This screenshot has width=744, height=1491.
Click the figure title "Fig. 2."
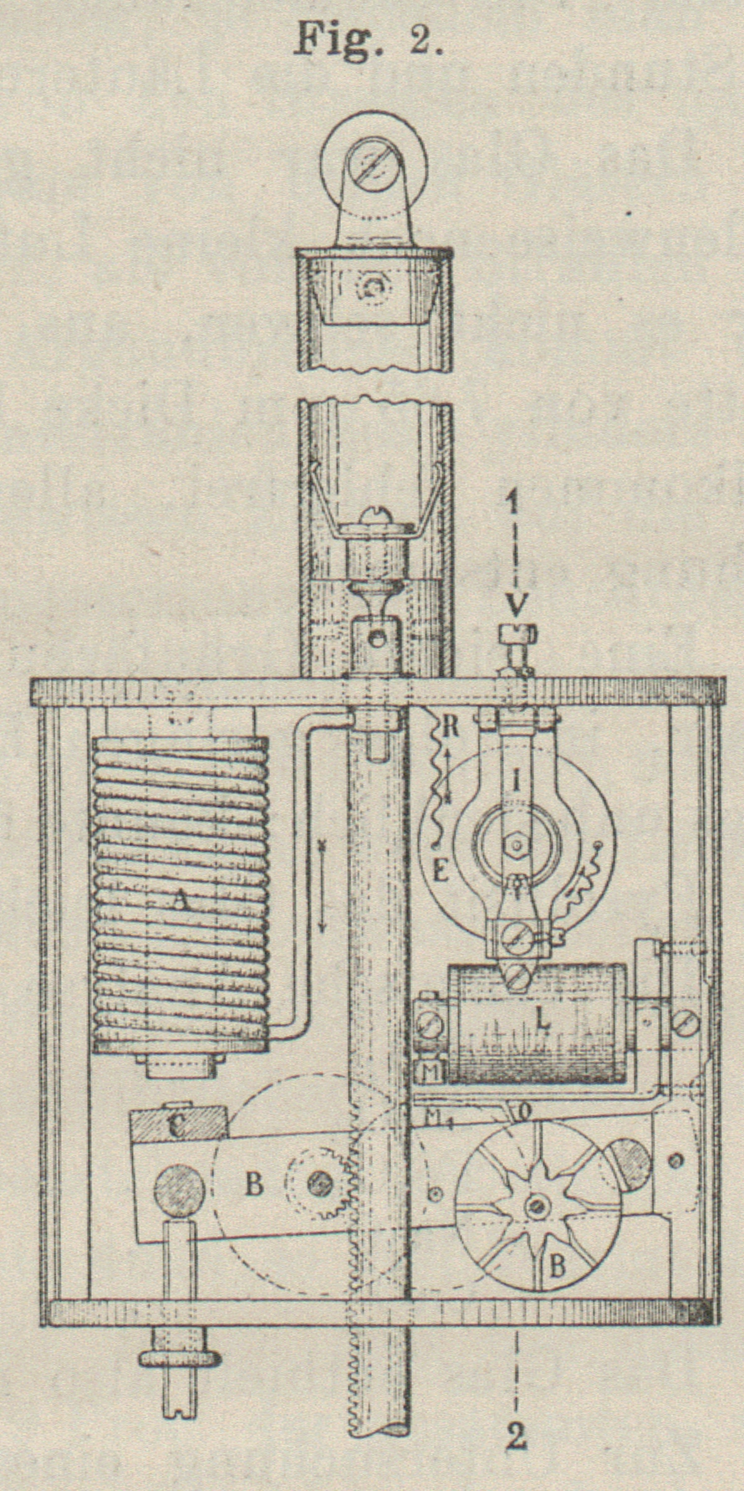(368, 39)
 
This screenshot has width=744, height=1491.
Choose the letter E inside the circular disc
(441, 872)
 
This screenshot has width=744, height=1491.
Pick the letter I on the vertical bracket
(517, 782)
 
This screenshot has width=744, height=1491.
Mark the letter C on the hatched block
(177, 1126)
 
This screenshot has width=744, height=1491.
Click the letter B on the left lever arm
(254, 1184)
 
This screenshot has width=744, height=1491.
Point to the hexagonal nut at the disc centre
(517, 845)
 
